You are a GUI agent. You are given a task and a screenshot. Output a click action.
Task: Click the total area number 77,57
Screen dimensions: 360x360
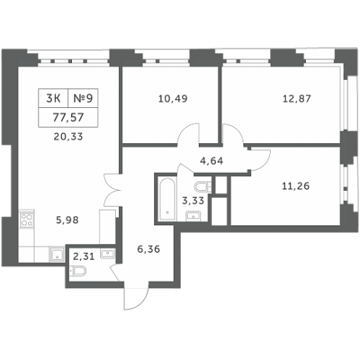tap(67, 119)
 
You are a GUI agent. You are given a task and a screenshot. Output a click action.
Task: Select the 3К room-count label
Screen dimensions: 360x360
tap(52, 99)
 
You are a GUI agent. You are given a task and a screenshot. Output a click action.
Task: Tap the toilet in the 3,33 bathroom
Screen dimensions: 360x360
tap(203, 186)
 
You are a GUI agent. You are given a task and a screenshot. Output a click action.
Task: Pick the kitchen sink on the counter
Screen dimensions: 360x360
tap(56, 252)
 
